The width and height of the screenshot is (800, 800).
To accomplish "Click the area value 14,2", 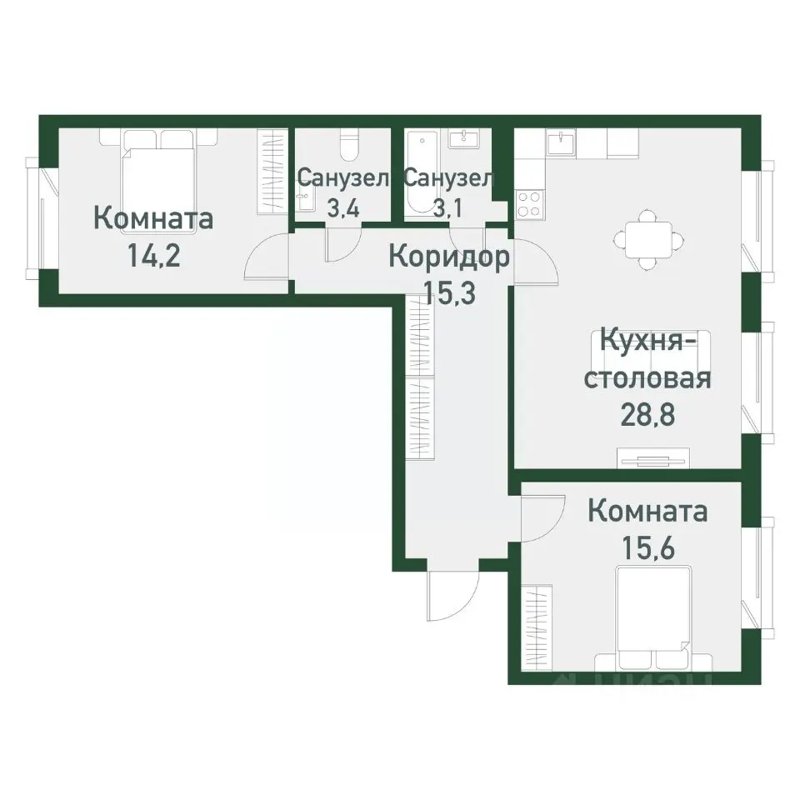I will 153,253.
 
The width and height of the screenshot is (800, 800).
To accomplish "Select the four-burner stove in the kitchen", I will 529,203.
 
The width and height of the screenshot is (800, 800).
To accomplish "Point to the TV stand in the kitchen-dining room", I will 653,458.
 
